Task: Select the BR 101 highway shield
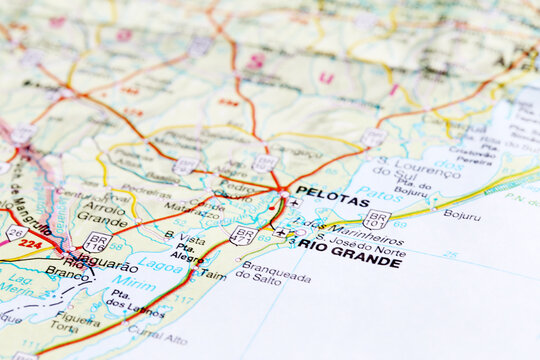(x=377, y=218)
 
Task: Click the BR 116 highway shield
(x=97, y=241)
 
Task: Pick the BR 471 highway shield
(x=242, y=235)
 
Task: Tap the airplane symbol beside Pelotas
(x=293, y=203)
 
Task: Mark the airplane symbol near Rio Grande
(x=280, y=233)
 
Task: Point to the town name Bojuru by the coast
(x=461, y=214)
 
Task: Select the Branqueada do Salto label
(x=276, y=272)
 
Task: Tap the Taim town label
(x=211, y=273)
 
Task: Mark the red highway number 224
(x=31, y=243)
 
